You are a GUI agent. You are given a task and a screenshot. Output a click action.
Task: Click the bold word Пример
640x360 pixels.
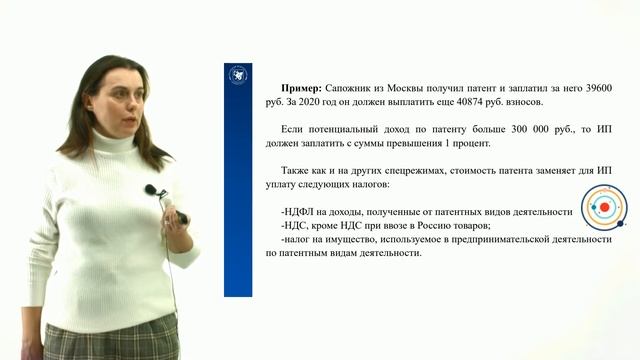tap(303, 88)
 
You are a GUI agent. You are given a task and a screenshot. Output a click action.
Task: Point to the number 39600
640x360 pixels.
tap(594, 88)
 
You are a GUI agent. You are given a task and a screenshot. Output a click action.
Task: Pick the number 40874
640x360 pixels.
tap(478, 102)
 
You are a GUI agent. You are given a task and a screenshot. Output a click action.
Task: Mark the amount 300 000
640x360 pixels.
tap(506, 130)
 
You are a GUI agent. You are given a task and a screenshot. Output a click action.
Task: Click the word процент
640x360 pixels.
tap(463, 143)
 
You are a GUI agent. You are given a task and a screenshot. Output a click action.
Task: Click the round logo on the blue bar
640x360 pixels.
tap(238, 76)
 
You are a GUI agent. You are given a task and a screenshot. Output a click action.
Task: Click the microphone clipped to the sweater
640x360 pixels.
tap(151, 189)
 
